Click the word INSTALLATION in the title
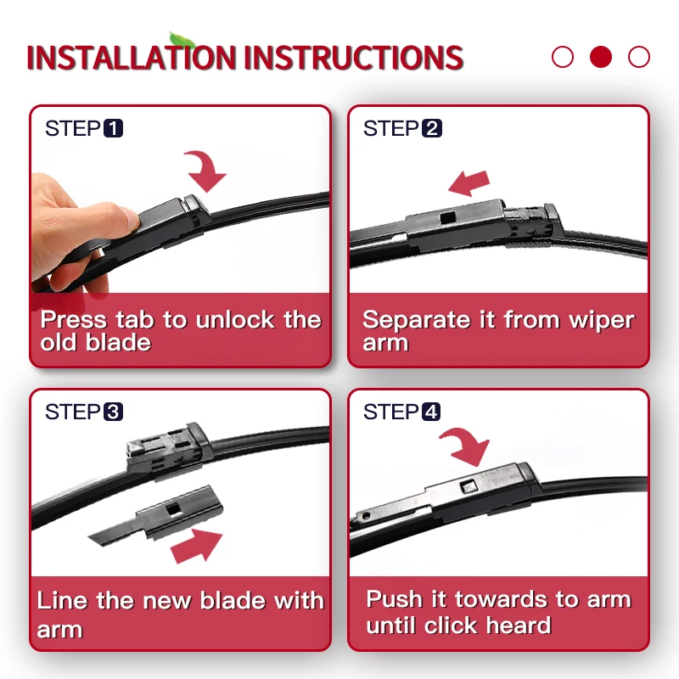tap(132, 58)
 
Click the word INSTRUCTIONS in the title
tap(354, 58)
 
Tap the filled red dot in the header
tap(601, 57)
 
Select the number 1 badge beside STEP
tap(114, 129)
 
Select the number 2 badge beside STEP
tap(432, 129)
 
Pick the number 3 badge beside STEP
tap(114, 412)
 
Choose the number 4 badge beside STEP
tap(431, 412)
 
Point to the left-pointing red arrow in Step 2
tap(469, 182)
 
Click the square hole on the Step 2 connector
tap(447, 217)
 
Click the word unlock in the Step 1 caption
tap(235, 320)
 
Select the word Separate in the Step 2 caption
tap(417, 321)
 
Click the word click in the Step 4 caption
tap(451, 626)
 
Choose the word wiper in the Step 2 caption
tap(602, 321)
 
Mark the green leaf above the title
tap(182, 39)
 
